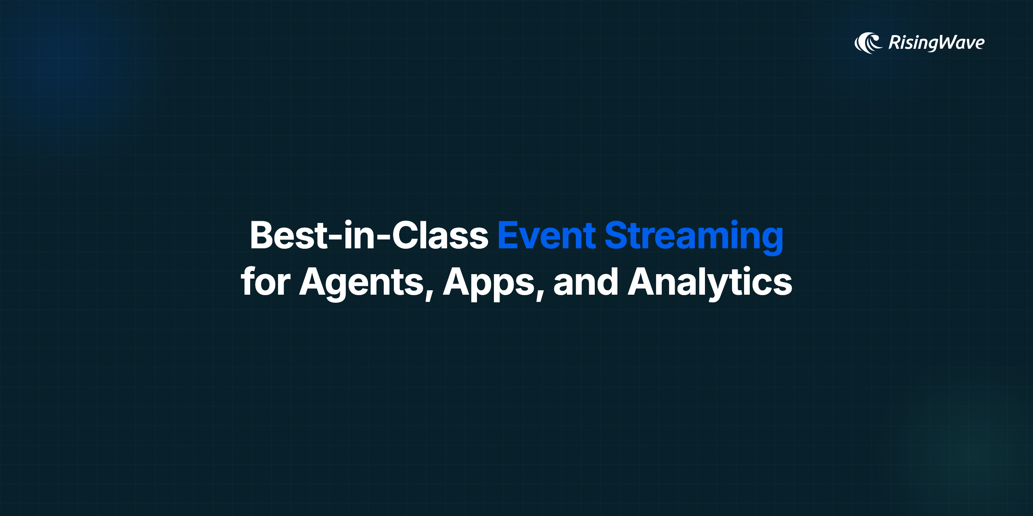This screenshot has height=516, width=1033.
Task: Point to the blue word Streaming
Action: [694, 237]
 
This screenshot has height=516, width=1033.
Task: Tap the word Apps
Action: [489, 284]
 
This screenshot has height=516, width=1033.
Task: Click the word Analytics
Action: [710, 284]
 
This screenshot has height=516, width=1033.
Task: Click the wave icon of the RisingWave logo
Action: [868, 43]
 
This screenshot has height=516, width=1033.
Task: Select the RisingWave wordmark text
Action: [937, 43]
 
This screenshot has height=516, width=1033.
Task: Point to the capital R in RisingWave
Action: [895, 43]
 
